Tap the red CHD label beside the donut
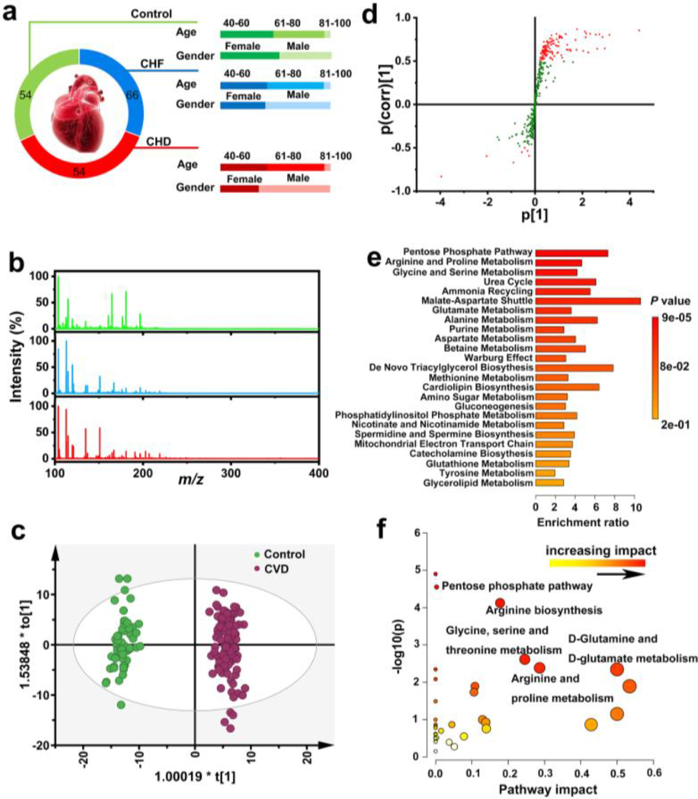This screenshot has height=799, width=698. tap(158, 142)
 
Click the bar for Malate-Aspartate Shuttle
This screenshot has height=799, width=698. tap(588, 301)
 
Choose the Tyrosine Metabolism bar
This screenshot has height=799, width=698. tap(545, 473)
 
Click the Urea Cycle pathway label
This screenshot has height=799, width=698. tap(508, 282)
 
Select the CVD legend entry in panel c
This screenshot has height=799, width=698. tap(272, 569)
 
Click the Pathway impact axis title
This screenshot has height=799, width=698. tap(548, 789)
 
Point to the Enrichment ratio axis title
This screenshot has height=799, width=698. tap(583, 522)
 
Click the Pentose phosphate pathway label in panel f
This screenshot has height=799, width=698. tap(516, 586)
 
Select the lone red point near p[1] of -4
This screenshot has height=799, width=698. tap(441, 177)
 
